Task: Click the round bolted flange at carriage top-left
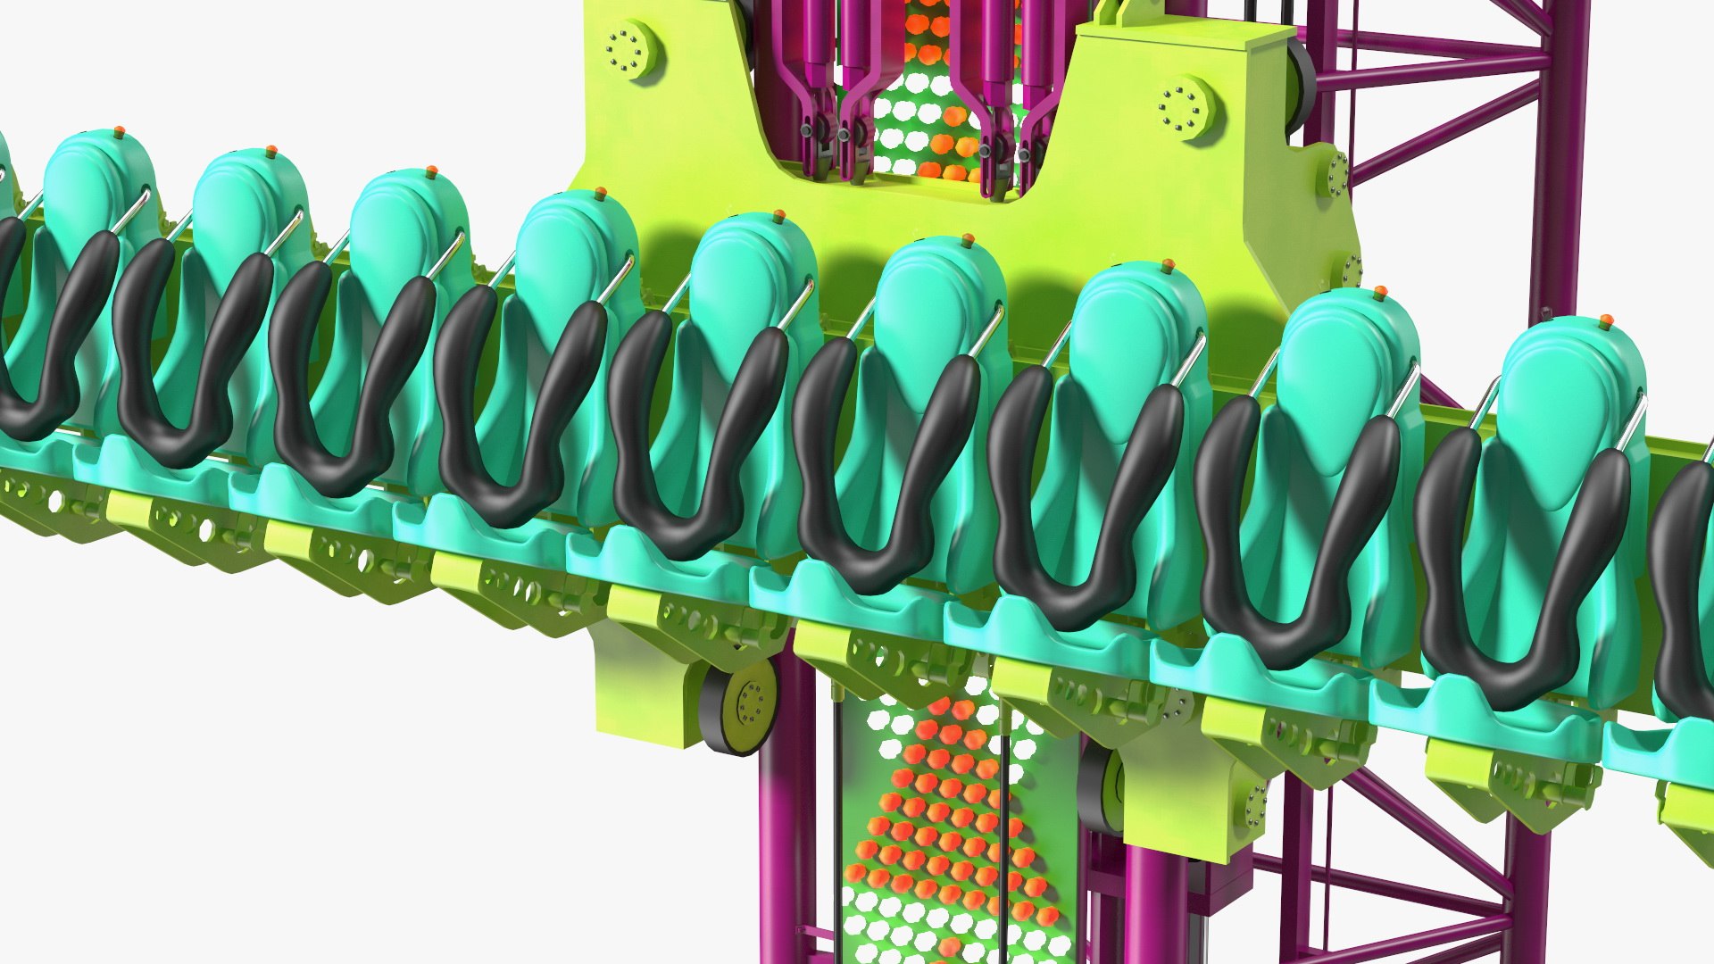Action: pos(629,49)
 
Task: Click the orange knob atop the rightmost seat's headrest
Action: pos(1606,320)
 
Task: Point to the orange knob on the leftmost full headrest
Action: pos(120,132)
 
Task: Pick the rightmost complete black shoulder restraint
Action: pos(1518,580)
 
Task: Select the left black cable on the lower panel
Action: pos(837,803)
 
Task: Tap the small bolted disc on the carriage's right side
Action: pos(1337,174)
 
